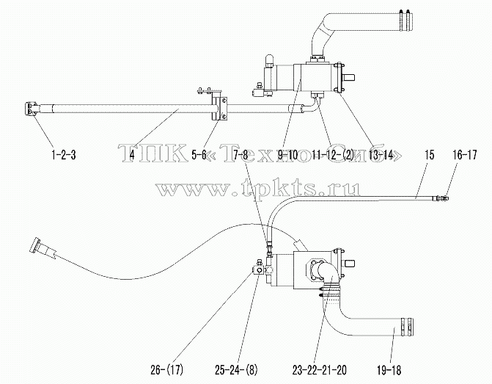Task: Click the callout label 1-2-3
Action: [x=63, y=155]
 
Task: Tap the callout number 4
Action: [x=132, y=155]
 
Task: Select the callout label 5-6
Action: [x=199, y=155]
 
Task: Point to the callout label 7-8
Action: [x=240, y=155]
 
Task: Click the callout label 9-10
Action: [x=287, y=155]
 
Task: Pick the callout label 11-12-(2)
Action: [x=333, y=155]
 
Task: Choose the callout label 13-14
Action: [x=381, y=155]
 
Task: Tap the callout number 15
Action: [x=430, y=155]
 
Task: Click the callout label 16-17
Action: [x=465, y=155]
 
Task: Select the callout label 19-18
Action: [x=389, y=370]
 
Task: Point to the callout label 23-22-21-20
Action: [x=320, y=370]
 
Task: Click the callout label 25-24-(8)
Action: [x=236, y=370]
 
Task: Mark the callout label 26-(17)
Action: [x=166, y=370]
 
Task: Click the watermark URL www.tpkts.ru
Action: [x=259, y=189]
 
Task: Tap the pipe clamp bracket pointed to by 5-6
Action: [x=219, y=108]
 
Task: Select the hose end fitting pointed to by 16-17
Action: [x=441, y=198]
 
